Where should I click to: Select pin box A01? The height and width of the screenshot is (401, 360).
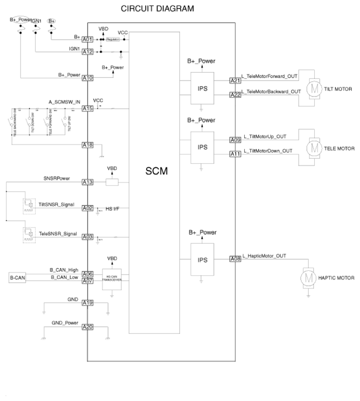[88, 40]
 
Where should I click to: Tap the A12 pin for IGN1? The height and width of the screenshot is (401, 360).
[88, 52]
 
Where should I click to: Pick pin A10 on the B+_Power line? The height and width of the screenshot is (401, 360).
[88, 78]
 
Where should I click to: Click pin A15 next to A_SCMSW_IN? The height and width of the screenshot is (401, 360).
[88, 109]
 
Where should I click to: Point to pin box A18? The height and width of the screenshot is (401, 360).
[88, 145]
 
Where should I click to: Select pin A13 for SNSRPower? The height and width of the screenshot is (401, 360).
[88, 182]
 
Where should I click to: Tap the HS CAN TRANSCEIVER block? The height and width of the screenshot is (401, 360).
[112, 277]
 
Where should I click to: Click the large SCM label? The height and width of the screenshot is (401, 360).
[156, 172]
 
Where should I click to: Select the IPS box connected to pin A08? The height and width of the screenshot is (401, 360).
[202, 259]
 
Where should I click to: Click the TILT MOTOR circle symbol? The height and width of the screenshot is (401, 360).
[314, 88]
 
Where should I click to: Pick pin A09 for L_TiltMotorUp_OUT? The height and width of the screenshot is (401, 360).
[235, 140]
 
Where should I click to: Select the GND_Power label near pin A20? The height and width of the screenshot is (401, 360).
[65, 323]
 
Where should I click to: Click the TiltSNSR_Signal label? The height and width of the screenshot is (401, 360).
[57, 204]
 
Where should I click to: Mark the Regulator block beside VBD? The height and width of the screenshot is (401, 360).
[112, 40]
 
